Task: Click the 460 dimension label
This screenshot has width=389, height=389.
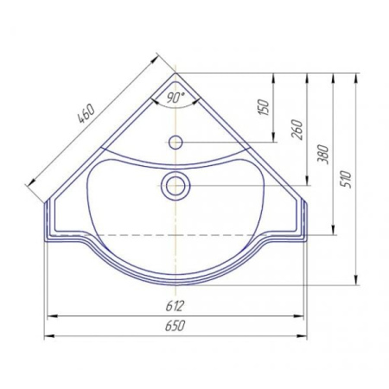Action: click(86, 113)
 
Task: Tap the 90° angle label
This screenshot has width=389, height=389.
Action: click(175, 98)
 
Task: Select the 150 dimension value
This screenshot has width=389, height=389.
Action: click(265, 107)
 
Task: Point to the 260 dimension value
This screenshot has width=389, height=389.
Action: click(297, 130)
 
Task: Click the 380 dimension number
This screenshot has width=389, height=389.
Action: click(323, 155)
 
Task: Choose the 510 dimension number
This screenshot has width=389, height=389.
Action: click(347, 179)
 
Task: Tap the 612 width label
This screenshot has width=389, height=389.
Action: click(175, 306)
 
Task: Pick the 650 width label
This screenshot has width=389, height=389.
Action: click(175, 326)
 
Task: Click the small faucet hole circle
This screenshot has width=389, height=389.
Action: click(175, 143)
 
